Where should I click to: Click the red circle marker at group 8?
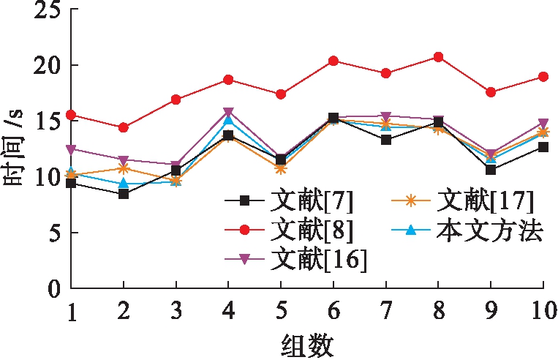pyautogui.click(x=438, y=56)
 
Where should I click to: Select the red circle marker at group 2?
pyautogui.click(x=124, y=127)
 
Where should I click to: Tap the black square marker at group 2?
pyautogui.click(x=124, y=194)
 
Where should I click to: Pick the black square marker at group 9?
pyautogui.click(x=491, y=170)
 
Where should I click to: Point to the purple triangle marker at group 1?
pyautogui.click(x=71, y=149)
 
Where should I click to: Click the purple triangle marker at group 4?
pyautogui.click(x=228, y=112)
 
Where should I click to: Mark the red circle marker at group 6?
pyautogui.click(x=333, y=61)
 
